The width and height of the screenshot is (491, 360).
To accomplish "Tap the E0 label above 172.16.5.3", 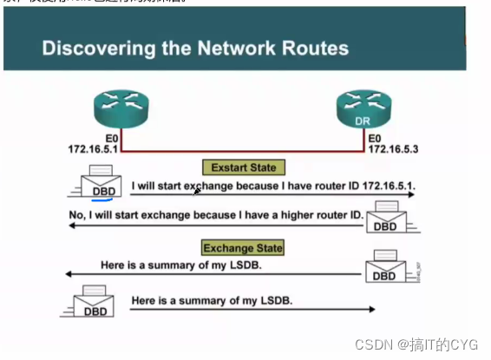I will point(375,137).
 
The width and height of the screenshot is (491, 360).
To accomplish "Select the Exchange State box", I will point(242,248).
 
